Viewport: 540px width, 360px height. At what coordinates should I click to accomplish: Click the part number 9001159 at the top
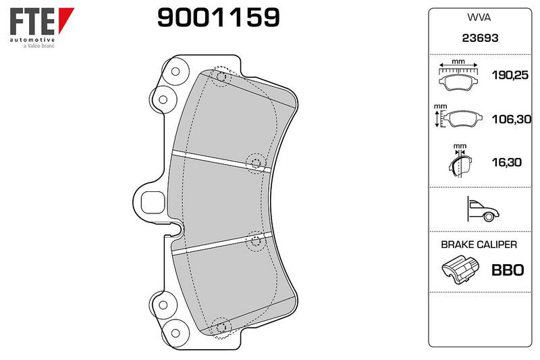[x=218, y=18]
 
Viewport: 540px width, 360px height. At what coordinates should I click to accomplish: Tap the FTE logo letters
[x=32, y=22]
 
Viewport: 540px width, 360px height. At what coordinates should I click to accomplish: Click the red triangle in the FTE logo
[x=65, y=20]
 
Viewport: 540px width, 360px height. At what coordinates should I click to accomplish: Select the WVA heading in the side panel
[x=479, y=18]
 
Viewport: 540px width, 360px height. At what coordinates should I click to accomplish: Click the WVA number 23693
[x=480, y=38]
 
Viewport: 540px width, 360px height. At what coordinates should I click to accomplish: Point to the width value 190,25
[x=510, y=75]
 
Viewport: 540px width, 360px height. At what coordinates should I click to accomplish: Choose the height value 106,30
[x=512, y=119]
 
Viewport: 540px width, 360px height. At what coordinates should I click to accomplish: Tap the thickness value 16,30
[x=507, y=162]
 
